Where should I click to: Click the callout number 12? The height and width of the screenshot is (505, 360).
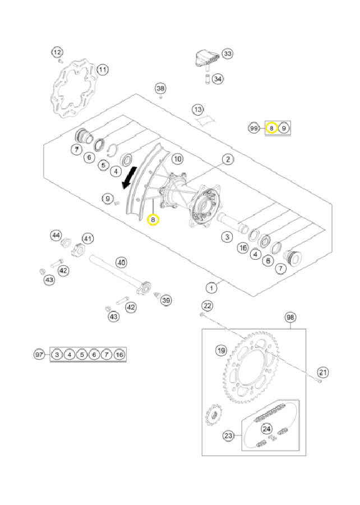(57, 52)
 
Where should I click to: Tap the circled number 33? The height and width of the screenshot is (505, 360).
(228, 53)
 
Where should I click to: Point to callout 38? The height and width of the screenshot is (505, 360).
(160, 88)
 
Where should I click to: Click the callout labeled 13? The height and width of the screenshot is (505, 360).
(198, 109)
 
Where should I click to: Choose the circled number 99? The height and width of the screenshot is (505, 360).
(254, 128)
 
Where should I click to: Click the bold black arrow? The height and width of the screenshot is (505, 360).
(130, 178)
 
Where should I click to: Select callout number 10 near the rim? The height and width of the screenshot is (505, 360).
(178, 159)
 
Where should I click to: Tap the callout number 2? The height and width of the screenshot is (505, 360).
(228, 159)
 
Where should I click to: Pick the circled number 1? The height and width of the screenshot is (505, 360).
(211, 288)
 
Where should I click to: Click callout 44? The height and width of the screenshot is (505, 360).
(56, 236)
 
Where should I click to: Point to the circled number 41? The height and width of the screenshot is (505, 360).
(88, 238)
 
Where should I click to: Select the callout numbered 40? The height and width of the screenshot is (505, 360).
(121, 263)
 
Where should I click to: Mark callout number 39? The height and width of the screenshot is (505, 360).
(166, 300)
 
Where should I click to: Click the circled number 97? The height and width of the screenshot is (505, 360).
(39, 355)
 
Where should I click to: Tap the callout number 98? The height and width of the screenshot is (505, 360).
(290, 317)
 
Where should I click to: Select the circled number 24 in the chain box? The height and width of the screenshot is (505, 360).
(267, 429)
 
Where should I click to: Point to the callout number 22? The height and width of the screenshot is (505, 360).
(207, 306)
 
